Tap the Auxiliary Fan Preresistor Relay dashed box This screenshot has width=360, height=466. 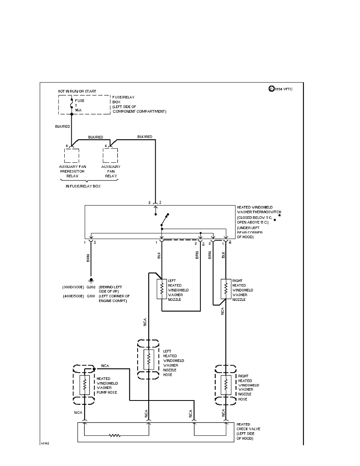click(71, 156)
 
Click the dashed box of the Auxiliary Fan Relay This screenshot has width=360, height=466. click(110, 156)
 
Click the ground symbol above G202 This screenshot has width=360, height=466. click(91, 280)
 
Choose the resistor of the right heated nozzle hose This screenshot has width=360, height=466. click(226, 385)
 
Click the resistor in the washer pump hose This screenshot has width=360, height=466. click(84, 385)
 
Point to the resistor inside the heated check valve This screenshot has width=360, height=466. click(115, 435)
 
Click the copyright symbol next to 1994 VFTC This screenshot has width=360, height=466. click(271, 89)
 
